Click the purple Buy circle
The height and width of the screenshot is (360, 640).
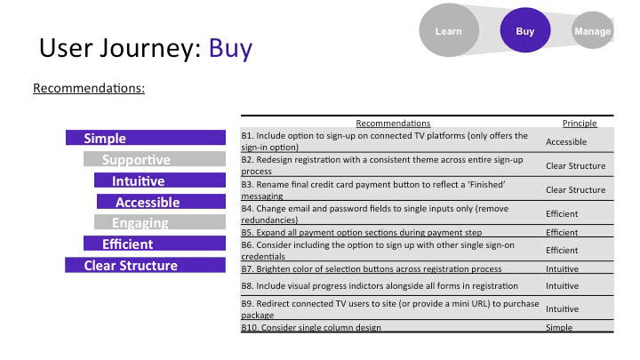click(525, 30)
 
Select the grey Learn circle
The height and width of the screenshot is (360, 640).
click(449, 30)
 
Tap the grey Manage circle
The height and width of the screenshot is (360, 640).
click(593, 30)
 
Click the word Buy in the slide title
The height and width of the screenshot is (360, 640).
click(230, 48)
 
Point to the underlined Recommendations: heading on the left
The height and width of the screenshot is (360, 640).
click(89, 88)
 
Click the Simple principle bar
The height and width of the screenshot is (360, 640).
click(146, 138)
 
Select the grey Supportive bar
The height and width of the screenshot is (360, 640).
click(155, 159)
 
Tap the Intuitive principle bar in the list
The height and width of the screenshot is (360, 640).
click(160, 180)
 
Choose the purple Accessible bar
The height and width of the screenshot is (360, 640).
click(161, 202)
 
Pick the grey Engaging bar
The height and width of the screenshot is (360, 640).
click(160, 222)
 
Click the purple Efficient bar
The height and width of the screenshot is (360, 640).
click(155, 244)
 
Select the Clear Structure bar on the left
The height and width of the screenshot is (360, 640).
click(145, 265)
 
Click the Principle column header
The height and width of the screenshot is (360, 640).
click(580, 123)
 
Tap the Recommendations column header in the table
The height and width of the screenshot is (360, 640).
click(393, 123)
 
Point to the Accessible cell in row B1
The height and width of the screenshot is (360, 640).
click(566, 141)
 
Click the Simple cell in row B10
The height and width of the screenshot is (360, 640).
click(559, 327)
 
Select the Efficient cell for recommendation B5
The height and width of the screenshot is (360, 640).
click(562, 232)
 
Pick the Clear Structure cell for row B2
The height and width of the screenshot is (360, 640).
click(575, 165)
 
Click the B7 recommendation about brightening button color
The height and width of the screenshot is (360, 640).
click(372, 268)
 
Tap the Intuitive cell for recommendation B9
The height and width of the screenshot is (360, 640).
click(562, 309)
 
